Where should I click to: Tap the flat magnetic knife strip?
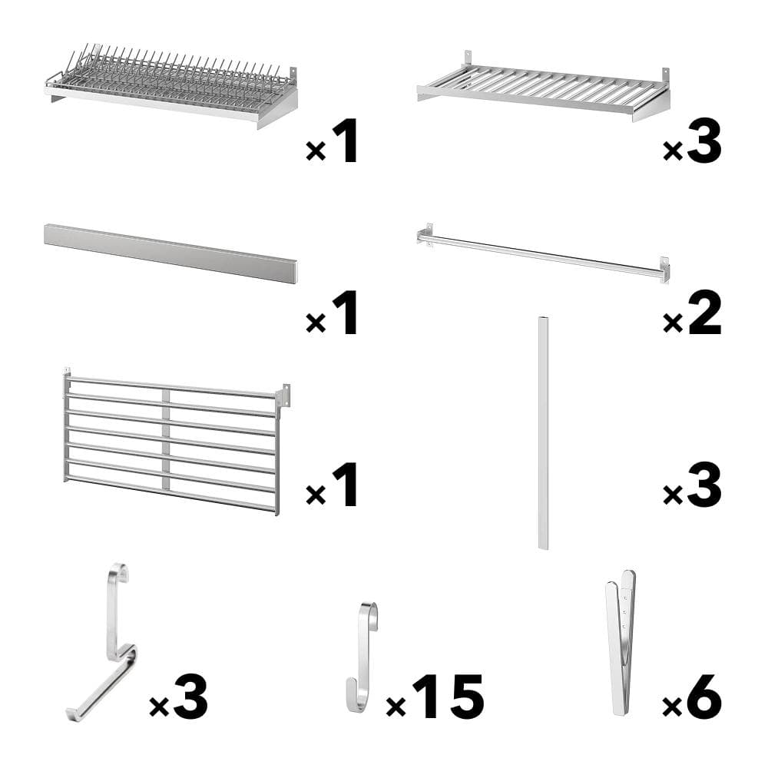pos(170,253)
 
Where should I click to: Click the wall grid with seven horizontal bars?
pos(170,442)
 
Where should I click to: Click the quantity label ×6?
pos(692,697)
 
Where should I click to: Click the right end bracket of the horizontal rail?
pos(664,269)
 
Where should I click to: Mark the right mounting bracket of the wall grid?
pos(283,395)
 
